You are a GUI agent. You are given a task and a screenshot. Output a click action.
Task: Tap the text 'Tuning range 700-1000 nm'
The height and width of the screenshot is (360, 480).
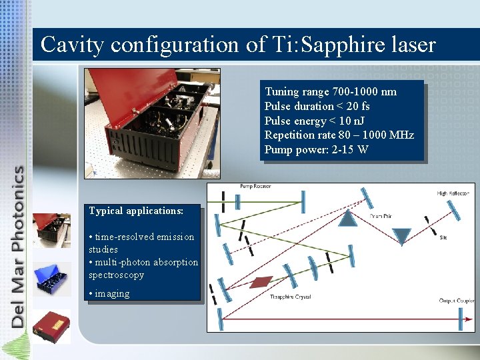click(x=331, y=92)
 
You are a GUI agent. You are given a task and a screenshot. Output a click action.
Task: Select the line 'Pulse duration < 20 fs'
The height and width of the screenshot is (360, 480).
click(x=317, y=107)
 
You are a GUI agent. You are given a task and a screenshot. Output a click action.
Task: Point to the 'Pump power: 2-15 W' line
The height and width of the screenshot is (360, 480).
click(x=316, y=149)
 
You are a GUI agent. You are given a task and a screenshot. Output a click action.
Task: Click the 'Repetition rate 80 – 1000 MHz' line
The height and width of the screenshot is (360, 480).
click(x=339, y=135)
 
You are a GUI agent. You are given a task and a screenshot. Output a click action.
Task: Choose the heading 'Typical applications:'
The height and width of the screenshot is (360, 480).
click(x=136, y=211)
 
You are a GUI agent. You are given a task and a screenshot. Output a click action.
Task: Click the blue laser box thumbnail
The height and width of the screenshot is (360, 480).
click(x=51, y=277)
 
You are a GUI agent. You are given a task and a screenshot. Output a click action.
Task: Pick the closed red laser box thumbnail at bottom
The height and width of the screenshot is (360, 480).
click(x=51, y=326)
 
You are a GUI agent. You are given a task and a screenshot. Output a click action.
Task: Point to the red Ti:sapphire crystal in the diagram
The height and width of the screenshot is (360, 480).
click(x=261, y=283)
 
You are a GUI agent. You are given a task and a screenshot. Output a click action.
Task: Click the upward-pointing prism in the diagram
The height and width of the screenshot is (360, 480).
click(x=347, y=217)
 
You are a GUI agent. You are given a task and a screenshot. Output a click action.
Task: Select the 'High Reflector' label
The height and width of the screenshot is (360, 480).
click(x=451, y=193)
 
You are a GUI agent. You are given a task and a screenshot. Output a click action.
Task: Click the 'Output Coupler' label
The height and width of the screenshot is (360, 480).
click(x=456, y=301)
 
